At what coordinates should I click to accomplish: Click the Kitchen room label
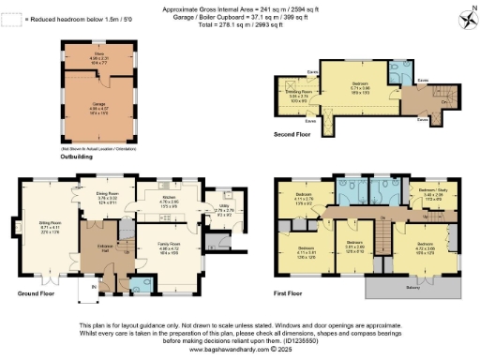pyautogui.click(x=169, y=199)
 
